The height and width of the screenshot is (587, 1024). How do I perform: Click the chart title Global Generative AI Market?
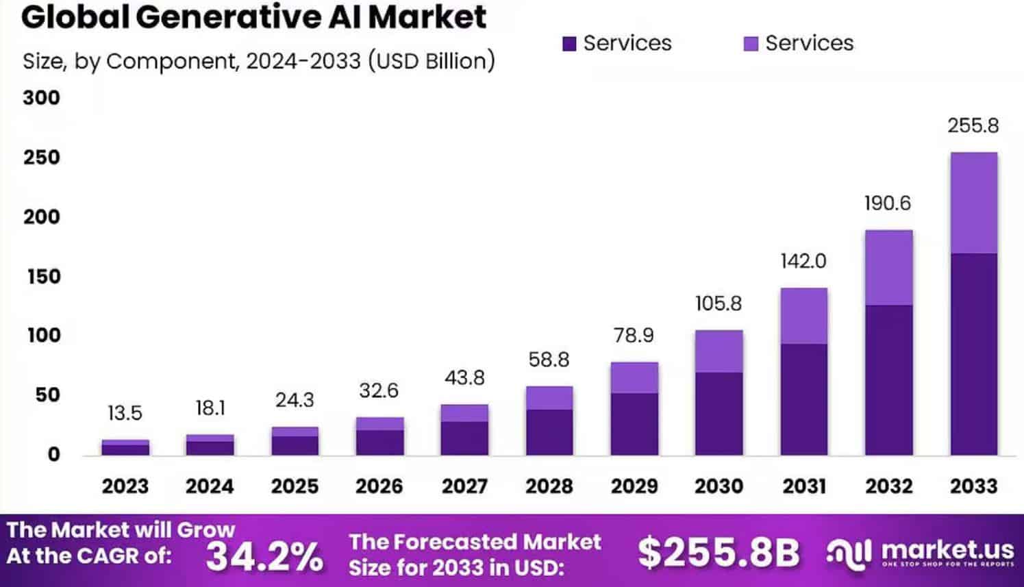pos(253,17)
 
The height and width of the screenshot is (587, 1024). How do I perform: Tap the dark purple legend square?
pos(569,44)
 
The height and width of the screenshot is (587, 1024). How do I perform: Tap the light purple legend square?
pos(751,44)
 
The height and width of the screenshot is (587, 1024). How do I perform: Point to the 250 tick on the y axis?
pos(41,157)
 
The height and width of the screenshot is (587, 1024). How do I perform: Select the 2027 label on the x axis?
pos(464,486)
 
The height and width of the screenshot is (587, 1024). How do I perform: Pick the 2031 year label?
pos(803,486)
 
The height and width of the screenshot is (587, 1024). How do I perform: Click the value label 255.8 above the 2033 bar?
pos(973,125)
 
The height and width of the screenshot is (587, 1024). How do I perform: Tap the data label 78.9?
pos(634,335)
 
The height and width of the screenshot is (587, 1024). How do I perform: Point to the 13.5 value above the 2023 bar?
pos(125,413)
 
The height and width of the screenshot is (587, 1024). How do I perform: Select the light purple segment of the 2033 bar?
pos(973,203)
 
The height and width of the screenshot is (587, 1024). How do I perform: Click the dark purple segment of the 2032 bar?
pos(888,380)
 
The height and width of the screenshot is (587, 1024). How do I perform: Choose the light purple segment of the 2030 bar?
pos(719,351)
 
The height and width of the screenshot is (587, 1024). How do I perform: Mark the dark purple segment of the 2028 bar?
pos(549,432)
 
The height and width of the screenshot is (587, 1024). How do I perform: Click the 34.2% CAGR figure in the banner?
pos(264,555)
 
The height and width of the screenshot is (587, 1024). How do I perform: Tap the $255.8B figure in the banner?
pos(719,552)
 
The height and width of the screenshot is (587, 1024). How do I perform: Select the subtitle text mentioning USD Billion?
pos(258,61)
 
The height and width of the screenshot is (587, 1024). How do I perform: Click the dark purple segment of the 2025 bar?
pos(295,445)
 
